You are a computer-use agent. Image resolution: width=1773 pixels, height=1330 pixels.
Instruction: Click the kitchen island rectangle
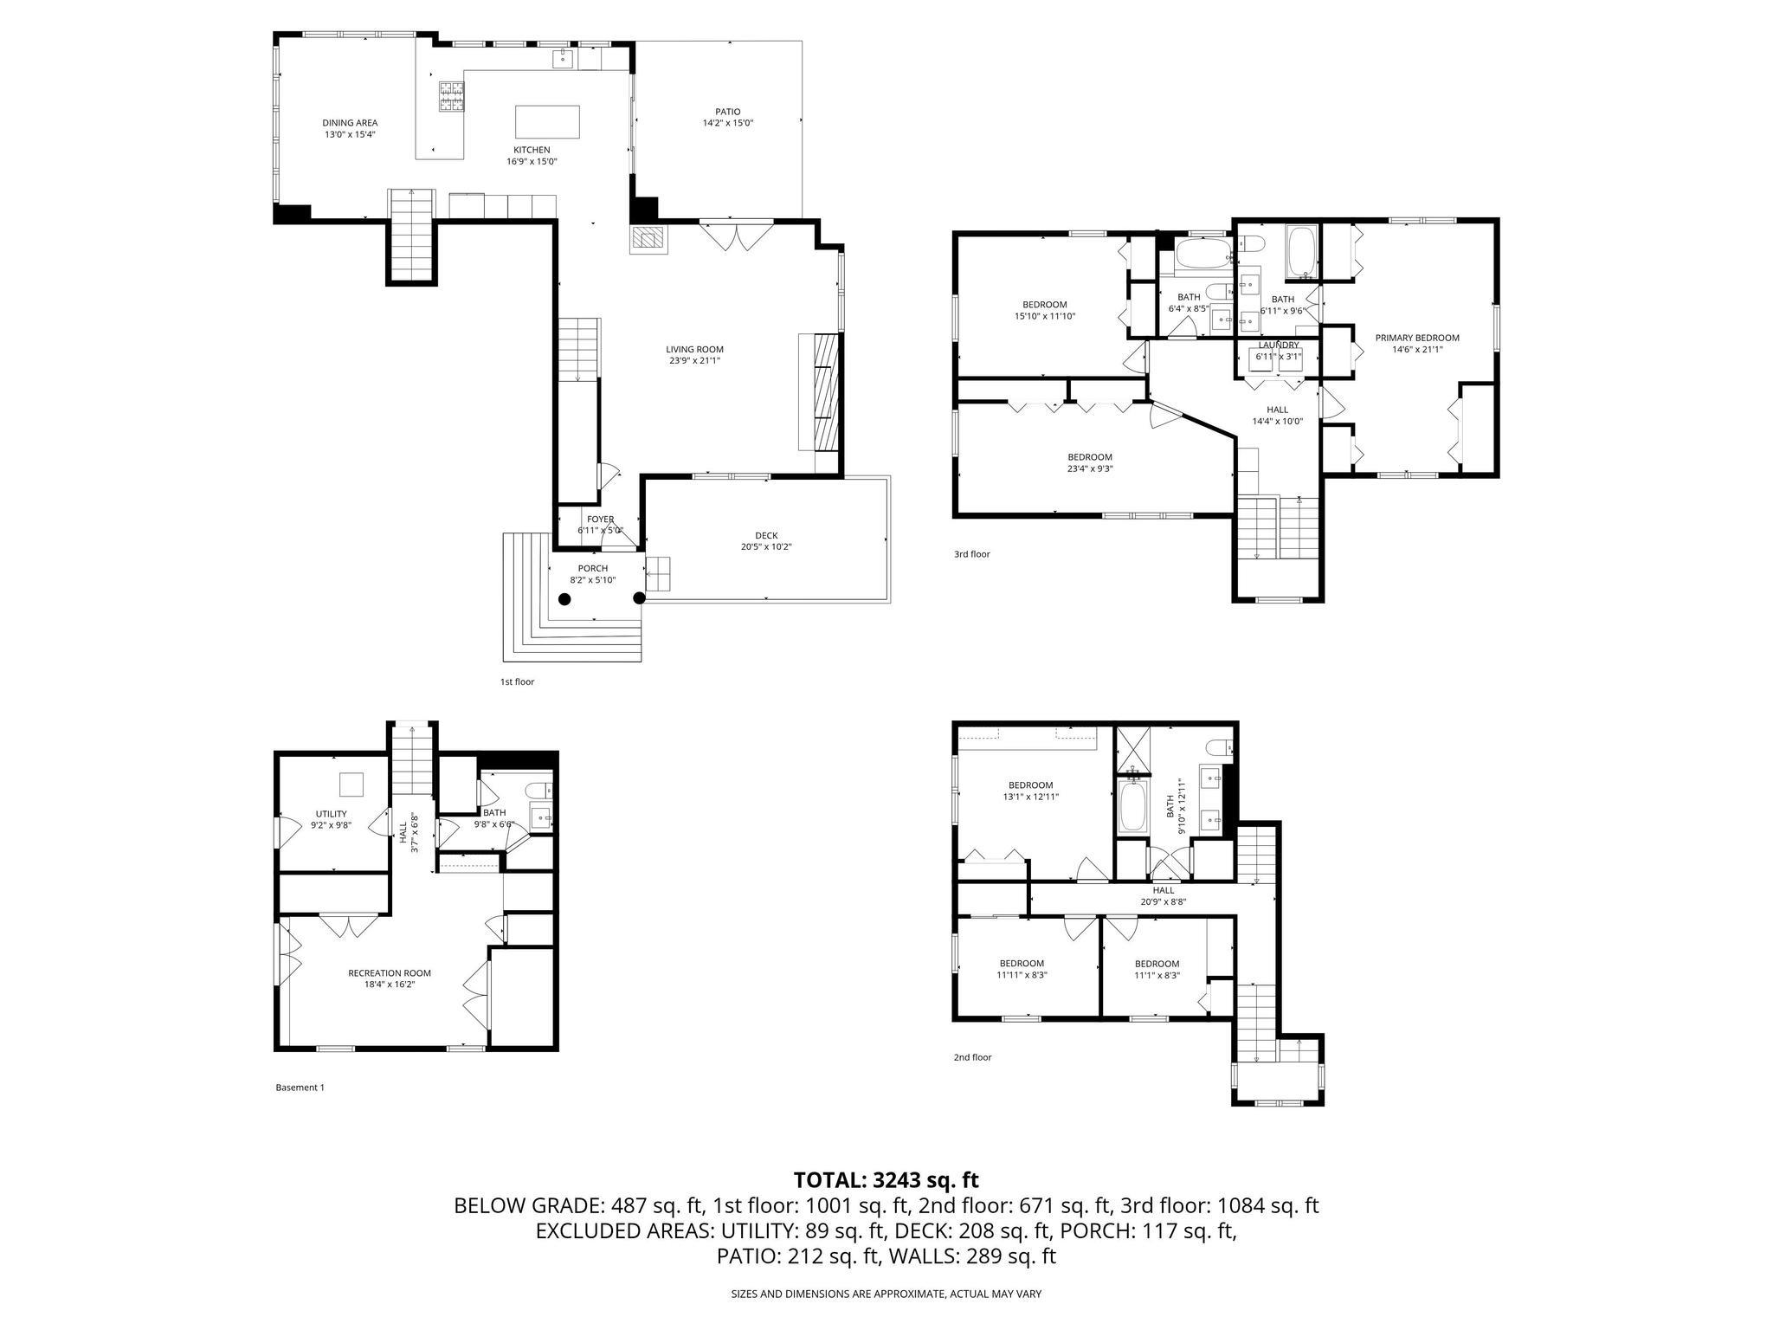pyautogui.click(x=547, y=121)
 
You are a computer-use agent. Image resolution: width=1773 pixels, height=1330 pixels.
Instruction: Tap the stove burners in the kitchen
pyautogui.click(x=450, y=96)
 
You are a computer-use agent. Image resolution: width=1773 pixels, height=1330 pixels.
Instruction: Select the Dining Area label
pyautogui.click(x=350, y=123)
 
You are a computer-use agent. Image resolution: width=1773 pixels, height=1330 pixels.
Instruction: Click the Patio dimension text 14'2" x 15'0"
pyautogui.click(x=727, y=123)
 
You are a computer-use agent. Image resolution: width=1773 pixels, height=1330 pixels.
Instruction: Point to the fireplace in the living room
pyautogui.click(x=648, y=239)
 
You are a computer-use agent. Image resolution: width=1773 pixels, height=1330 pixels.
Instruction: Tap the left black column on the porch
pyautogui.click(x=564, y=598)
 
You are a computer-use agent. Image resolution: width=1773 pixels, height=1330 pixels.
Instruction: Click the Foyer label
pyautogui.click(x=600, y=520)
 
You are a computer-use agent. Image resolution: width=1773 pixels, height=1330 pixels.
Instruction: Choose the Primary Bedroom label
pyautogui.click(x=1425, y=339)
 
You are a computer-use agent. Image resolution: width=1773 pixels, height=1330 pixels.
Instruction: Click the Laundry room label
pyautogui.click(x=1279, y=345)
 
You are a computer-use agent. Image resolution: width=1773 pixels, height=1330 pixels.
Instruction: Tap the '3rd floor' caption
pyautogui.click(x=971, y=554)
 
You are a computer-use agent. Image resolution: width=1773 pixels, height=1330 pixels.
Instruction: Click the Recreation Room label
pyautogui.click(x=389, y=973)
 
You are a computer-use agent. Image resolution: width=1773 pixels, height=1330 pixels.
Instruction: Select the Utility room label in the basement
pyautogui.click(x=331, y=814)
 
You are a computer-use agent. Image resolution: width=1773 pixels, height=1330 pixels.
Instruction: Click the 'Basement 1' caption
pyautogui.click(x=300, y=1088)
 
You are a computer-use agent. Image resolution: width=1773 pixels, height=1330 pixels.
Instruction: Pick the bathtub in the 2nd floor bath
pyautogui.click(x=1132, y=806)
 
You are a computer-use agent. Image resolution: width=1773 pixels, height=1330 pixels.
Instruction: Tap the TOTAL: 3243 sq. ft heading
pyautogui.click(x=886, y=1179)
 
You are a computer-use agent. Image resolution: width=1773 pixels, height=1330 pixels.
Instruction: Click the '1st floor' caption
pyautogui.click(x=517, y=681)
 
